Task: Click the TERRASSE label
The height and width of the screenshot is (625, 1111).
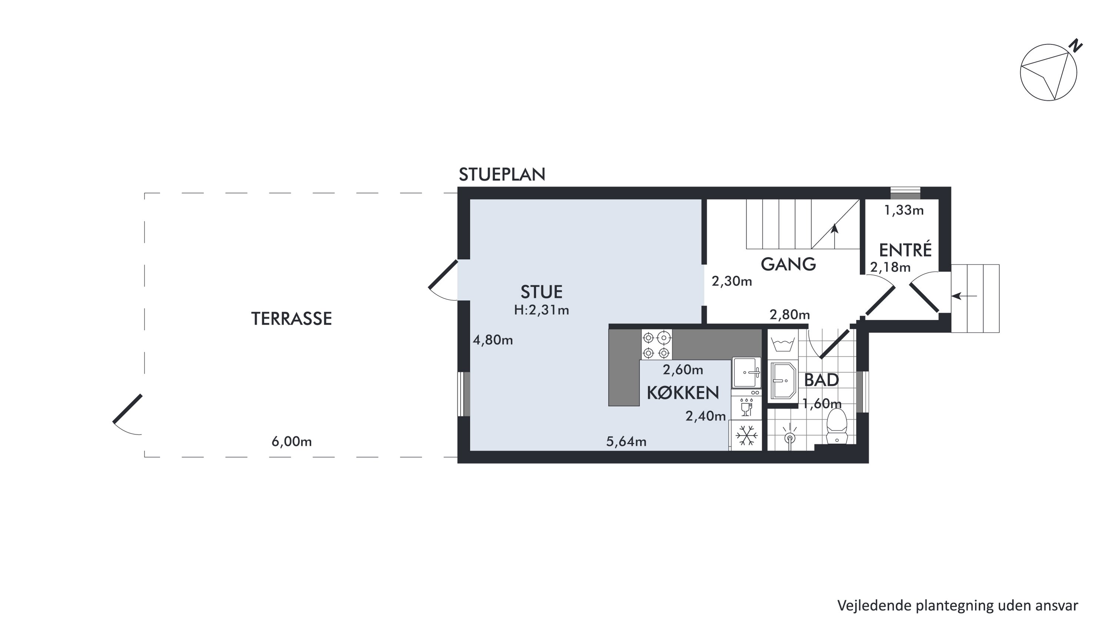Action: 291,319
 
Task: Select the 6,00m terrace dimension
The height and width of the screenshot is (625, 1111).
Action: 291,441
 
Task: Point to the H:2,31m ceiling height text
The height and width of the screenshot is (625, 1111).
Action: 541,310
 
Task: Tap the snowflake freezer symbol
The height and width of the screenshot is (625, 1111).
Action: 746,436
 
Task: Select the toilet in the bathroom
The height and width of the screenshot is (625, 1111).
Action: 837,426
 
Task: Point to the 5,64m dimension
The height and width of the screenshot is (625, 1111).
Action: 626,441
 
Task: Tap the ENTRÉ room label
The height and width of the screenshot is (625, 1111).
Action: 905,250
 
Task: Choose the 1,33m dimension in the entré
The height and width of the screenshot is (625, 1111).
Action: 904,210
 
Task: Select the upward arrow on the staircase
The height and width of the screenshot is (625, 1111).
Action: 835,236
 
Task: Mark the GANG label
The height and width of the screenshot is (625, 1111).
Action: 788,264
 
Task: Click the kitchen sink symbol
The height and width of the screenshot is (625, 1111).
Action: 746,373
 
